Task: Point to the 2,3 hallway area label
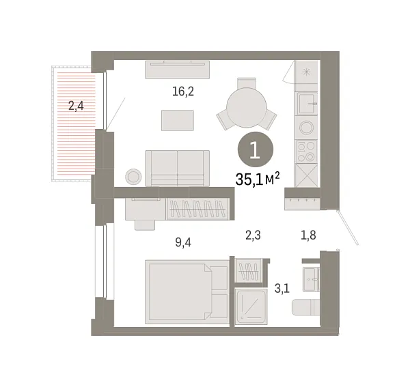254,236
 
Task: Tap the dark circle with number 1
254,150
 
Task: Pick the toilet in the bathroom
305,308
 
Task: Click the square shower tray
251,306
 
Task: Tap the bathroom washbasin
315,276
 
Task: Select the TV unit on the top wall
177,69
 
